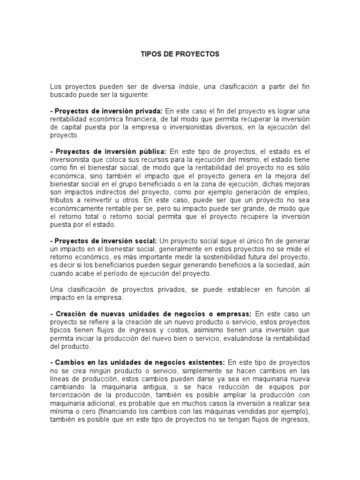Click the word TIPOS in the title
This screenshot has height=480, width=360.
coord(150,54)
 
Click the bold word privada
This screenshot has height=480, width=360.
coord(147,111)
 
